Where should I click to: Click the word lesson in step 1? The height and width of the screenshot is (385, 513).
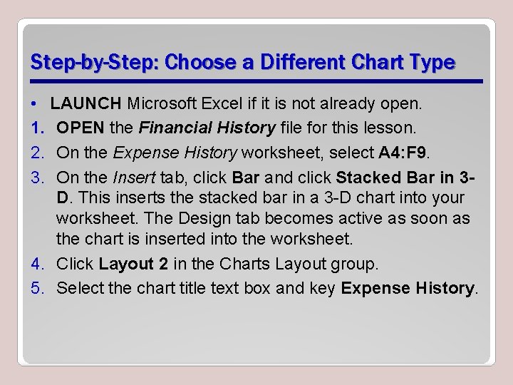point(380,128)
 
